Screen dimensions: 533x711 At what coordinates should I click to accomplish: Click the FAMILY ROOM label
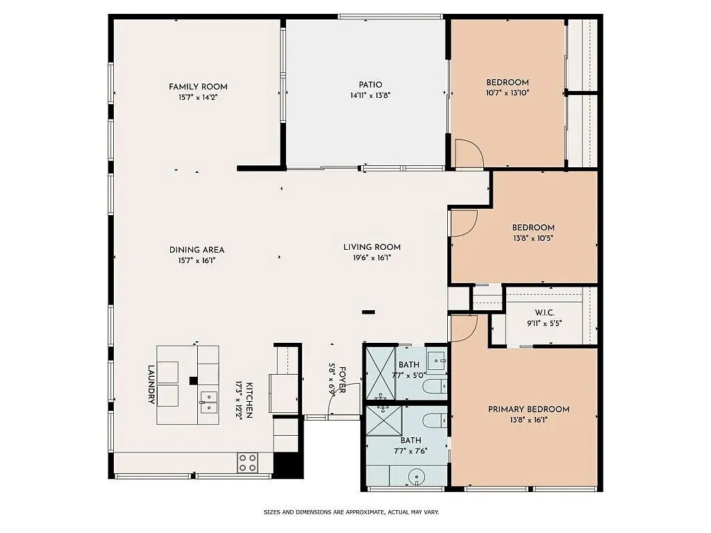[198, 87]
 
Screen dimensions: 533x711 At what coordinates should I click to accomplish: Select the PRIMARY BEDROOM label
[528, 409]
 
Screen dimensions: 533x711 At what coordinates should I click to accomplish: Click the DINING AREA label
[197, 250]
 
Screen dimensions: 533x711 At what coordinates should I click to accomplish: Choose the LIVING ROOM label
[372, 247]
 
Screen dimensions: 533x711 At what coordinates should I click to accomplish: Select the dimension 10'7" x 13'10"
[508, 92]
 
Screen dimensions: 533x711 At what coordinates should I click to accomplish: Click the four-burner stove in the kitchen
[247, 462]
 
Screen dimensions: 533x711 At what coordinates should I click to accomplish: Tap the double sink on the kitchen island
[208, 398]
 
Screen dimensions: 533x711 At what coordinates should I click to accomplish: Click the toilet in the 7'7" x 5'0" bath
[436, 386]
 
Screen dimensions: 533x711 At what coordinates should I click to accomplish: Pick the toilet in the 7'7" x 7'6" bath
[436, 420]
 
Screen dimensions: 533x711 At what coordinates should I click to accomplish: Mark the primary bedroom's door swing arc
[463, 328]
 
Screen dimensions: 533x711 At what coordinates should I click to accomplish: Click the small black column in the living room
[368, 312]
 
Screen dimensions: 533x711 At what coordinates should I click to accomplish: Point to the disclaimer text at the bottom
[351, 513]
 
